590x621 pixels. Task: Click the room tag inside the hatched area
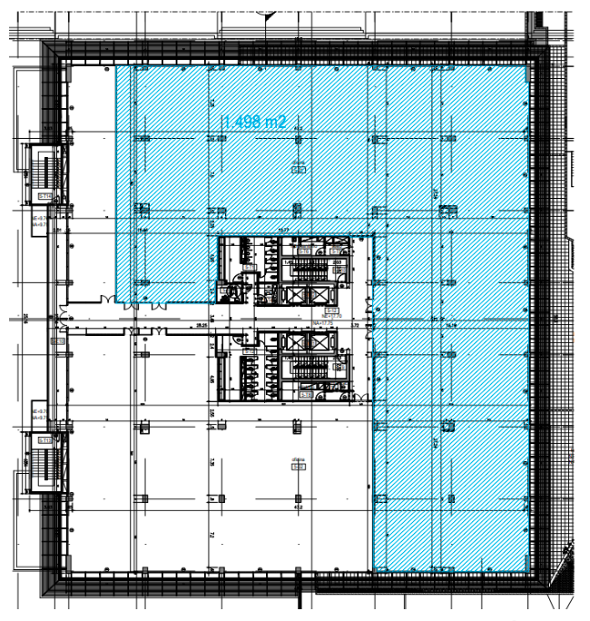[297, 166]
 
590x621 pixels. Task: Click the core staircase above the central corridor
[311, 264]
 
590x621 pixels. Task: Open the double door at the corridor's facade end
[65, 318]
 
